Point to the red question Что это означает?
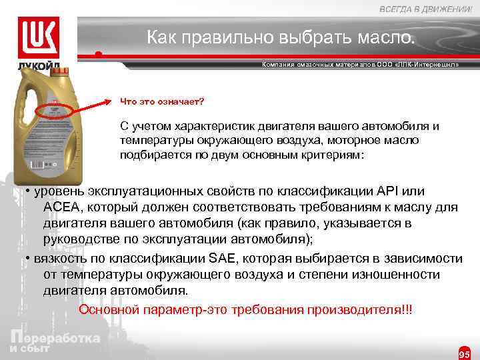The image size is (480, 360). [162, 102]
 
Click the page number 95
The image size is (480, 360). [465, 353]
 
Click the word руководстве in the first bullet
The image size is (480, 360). [82, 239]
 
